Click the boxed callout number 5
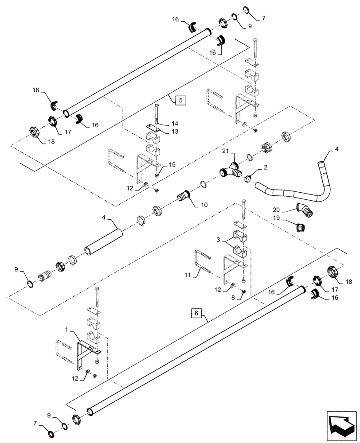180,100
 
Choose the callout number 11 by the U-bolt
187,275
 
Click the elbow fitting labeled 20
306,210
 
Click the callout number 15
172,164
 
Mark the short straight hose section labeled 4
102,239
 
